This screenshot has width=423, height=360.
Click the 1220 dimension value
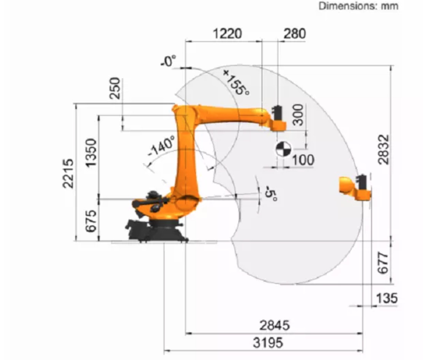click(x=227, y=34)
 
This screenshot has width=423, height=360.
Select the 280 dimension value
click(x=294, y=34)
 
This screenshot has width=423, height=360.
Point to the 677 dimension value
click(x=383, y=263)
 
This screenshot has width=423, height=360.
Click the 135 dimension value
click(x=386, y=298)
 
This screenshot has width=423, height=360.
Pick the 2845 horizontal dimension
click(x=274, y=325)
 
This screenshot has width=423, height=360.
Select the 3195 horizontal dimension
click(x=268, y=343)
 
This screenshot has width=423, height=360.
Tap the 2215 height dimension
click(x=68, y=173)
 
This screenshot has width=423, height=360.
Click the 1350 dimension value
click(x=91, y=153)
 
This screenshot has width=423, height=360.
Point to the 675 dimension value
click(x=91, y=221)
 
